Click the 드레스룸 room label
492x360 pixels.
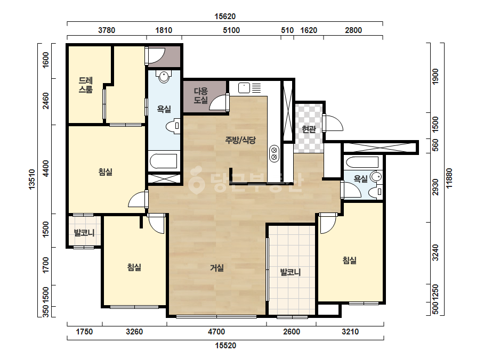pyautogui.click(x=85, y=85)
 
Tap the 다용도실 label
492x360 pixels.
pyautogui.click(x=201, y=96)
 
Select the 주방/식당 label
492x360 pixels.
pyautogui.click(x=240, y=140)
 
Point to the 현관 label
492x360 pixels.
pyautogui.click(x=309, y=129)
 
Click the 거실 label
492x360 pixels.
pyautogui.click(x=217, y=268)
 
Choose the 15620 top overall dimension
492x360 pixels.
pyautogui.click(x=225, y=17)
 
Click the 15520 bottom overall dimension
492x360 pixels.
pyautogui.click(x=225, y=346)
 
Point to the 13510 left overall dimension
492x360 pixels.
pyautogui.click(x=32, y=179)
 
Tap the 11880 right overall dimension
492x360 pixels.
pyautogui.click(x=449, y=178)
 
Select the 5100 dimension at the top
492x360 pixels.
pyautogui.click(x=231, y=30)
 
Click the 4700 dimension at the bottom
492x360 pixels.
pyautogui.click(x=216, y=331)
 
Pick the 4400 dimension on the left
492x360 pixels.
pyautogui.click(x=46, y=168)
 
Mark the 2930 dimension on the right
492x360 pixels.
pyautogui.click(x=435, y=187)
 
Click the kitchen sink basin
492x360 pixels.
pyautogui.click(x=244, y=88)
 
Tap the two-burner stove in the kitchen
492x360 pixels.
pyautogui.click(x=274, y=154)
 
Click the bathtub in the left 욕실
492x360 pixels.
pyautogui.click(x=164, y=161)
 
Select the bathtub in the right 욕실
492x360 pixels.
pyautogui.click(x=362, y=162)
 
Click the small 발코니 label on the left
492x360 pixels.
pyautogui.click(x=84, y=233)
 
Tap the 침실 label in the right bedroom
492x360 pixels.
pyautogui.click(x=350, y=260)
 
